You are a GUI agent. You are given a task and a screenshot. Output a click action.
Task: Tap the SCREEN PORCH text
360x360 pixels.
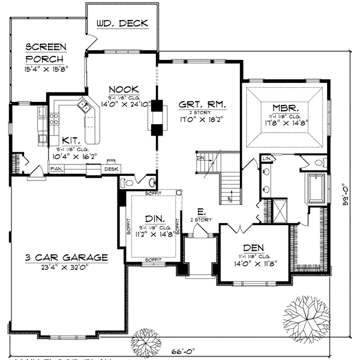[x=46, y=52]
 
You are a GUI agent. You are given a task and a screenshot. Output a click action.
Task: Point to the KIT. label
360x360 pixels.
[x=73, y=138]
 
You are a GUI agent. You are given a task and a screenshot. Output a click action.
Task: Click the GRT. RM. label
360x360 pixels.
[x=202, y=104]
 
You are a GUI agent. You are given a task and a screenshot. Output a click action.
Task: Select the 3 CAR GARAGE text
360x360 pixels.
[x=67, y=257]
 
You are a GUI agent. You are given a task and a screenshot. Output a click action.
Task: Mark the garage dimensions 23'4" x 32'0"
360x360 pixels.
[x=67, y=268]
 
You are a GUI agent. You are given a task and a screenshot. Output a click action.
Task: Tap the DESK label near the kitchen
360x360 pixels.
[x=111, y=170]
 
